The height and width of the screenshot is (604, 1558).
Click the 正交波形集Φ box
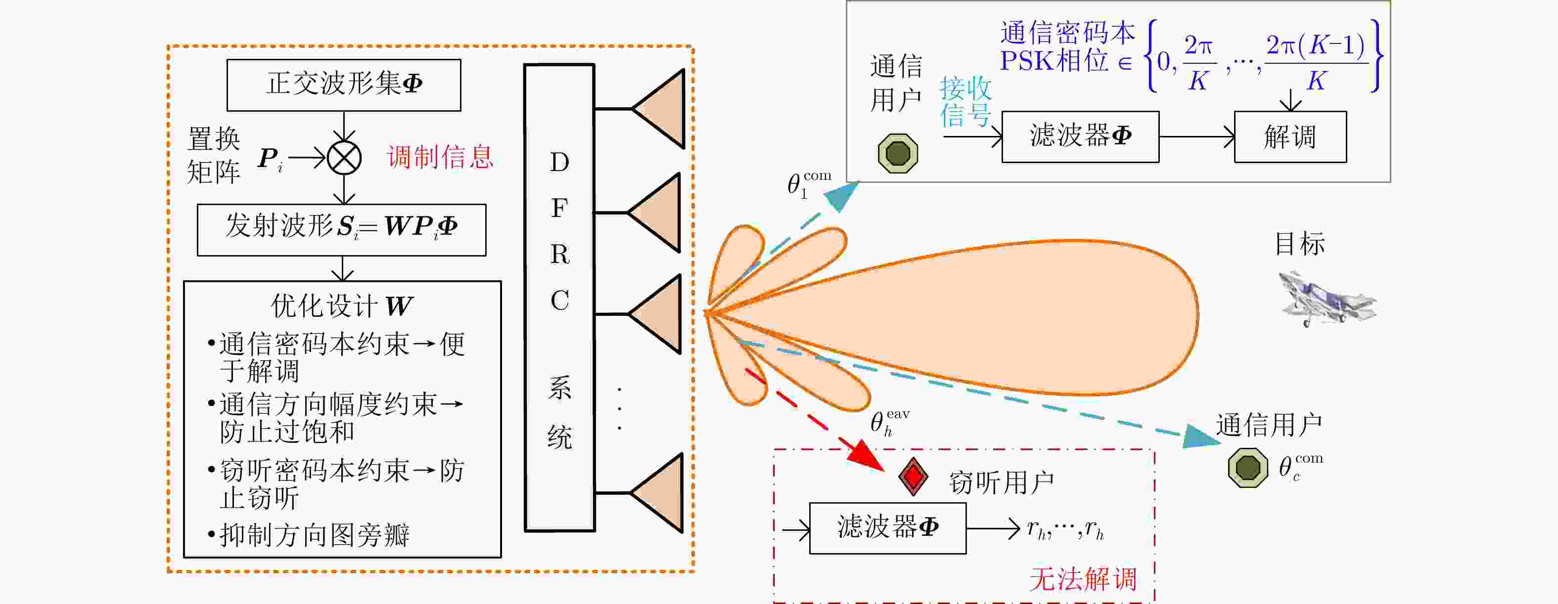pos(344,85)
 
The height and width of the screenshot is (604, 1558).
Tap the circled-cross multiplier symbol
pos(344,158)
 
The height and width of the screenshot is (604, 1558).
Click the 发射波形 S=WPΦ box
pos(341,229)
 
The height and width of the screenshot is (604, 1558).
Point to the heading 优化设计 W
pos(342,306)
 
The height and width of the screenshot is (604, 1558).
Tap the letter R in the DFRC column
pos(559,255)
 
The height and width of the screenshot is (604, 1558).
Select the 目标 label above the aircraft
pos(1300,244)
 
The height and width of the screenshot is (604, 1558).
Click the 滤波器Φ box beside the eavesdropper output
pos(887,528)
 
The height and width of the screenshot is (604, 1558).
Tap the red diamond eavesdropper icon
pos(913,477)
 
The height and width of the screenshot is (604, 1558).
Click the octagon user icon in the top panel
pos(898,154)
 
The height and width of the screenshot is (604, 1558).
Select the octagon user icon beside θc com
pos(1248,468)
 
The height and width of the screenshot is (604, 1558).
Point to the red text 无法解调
pos(1083,579)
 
